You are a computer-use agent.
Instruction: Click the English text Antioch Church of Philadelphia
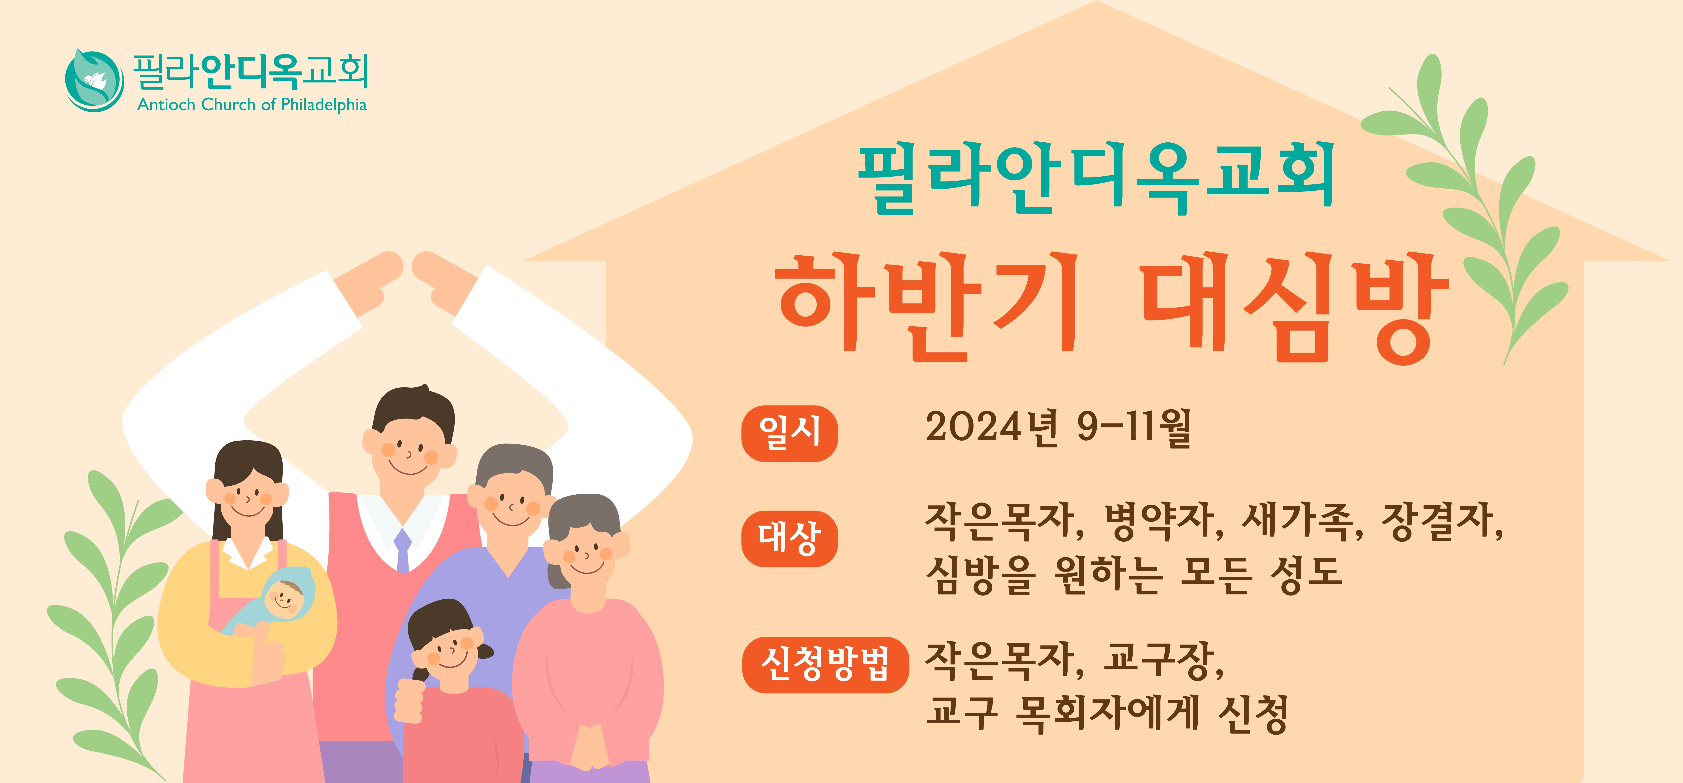(x=251, y=104)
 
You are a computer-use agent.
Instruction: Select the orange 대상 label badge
(x=789, y=539)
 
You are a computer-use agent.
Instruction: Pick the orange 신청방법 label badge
(x=825, y=665)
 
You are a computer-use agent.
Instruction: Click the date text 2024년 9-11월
(x=1059, y=428)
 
